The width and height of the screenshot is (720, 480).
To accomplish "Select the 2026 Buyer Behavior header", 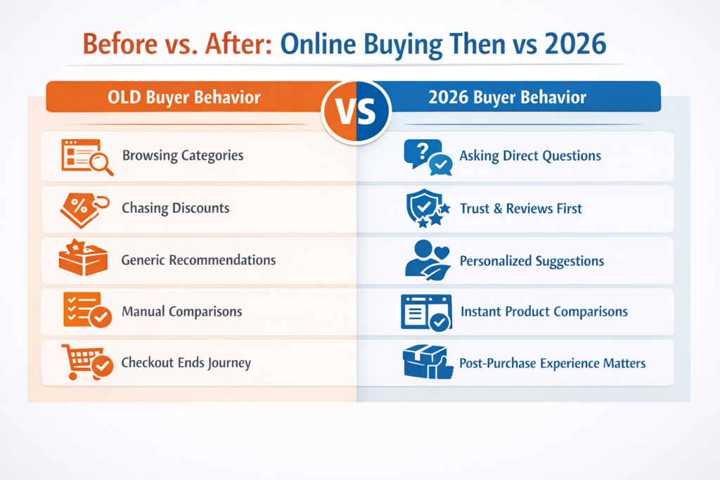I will click(507, 97).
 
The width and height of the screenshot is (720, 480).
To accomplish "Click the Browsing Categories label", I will click(183, 155).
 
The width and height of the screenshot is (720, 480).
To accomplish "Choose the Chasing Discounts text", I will click(175, 208).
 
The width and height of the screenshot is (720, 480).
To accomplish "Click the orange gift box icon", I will click(83, 259).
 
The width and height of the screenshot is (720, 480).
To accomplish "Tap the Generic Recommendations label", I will click(198, 260).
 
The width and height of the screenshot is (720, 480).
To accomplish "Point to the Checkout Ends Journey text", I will click(186, 363).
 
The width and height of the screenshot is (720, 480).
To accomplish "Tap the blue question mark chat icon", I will click(427, 156).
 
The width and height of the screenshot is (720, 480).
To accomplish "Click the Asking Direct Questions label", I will click(530, 156).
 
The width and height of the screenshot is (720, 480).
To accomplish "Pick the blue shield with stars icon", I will click(426, 209).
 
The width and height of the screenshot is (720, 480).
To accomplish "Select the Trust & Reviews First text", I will click(521, 209).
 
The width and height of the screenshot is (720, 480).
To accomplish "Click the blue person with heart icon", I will click(427, 259).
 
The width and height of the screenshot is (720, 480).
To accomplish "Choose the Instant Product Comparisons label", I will click(544, 311).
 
